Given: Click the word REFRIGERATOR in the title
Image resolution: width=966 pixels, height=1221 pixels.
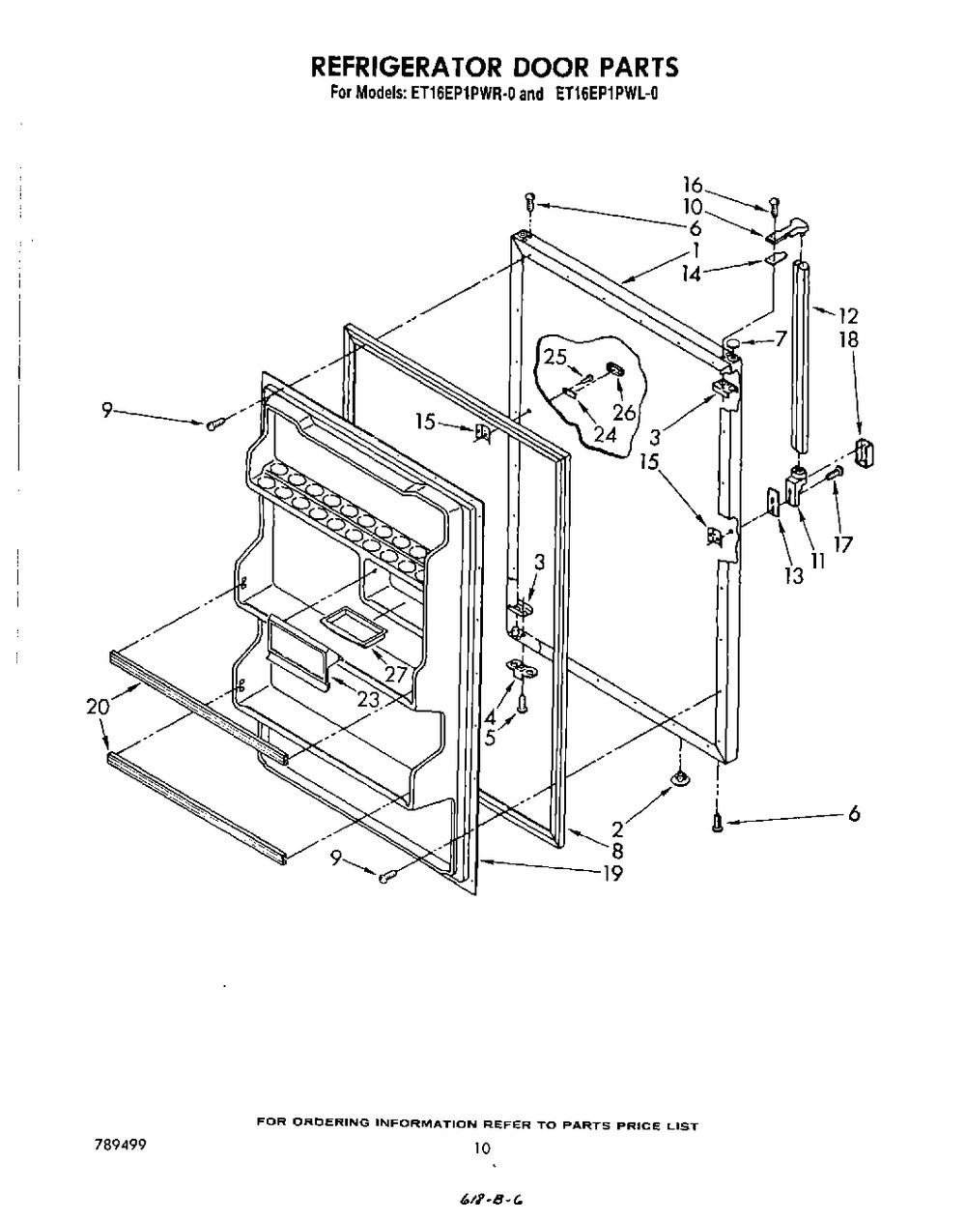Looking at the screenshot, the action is click(406, 67).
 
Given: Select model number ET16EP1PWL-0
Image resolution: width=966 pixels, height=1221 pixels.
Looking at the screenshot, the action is click(607, 94).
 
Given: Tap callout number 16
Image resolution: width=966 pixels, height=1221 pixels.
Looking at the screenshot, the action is click(693, 185).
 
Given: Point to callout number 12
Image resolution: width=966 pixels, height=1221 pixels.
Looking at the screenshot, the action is click(849, 315).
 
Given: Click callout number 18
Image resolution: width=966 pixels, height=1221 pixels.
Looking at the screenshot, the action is click(849, 340).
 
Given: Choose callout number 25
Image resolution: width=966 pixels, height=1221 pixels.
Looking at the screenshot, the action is click(555, 357).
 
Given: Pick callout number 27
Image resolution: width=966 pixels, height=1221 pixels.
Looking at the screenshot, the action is click(396, 674).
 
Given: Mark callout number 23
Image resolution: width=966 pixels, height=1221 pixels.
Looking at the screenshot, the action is click(367, 700).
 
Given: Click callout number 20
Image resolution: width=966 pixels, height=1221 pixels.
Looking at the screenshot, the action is click(98, 707).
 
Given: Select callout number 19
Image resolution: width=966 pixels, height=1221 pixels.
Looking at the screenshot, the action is click(612, 873).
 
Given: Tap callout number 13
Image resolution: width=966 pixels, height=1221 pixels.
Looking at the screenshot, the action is click(794, 576).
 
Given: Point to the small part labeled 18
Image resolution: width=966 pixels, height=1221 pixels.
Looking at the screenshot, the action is click(865, 454).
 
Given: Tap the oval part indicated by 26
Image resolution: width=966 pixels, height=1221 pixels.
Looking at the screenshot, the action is click(615, 370).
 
